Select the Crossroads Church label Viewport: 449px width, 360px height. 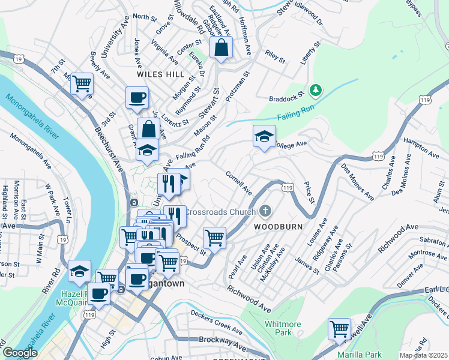(220, 212)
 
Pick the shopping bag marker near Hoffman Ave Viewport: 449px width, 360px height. (221, 47)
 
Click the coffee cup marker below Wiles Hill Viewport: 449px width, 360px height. (137, 97)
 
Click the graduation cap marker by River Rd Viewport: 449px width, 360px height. (79, 271)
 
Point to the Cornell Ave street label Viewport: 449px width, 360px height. (239, 182)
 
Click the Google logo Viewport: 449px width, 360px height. (20, 353)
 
